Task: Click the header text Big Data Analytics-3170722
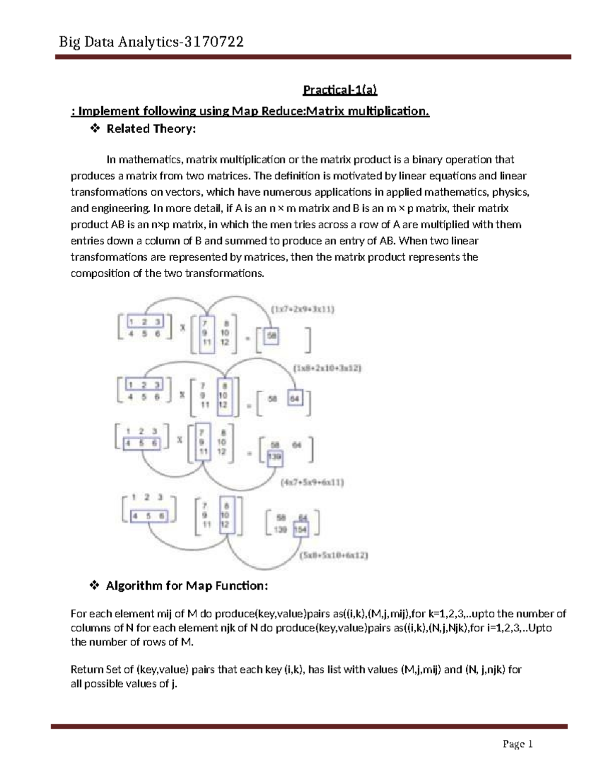pyautogui.click(x=151, y=42)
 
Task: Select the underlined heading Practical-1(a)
pyautogui.click(x=340, y=90)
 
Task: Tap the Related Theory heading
pyautogui.click(x=151, y=129)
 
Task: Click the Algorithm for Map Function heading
pyautogui.click(x=187, y=585)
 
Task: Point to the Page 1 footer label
pyautogui.click(x=517, y=744)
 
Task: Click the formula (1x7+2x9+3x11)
pyautogui.click(x=303, y=309)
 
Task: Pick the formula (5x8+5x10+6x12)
pyautogui.click(x=333, y=555)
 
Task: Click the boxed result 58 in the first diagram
pyautogui.click(x=271, y=336)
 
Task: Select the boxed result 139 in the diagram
pyautogui.click(x=274, y=456)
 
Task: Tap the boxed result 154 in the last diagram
pyautogui.click(x=300, y=529)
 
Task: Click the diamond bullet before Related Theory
pyautogui.click(x=94, y=129)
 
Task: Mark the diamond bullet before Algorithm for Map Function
pyautogui.click(x=94, y=585)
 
